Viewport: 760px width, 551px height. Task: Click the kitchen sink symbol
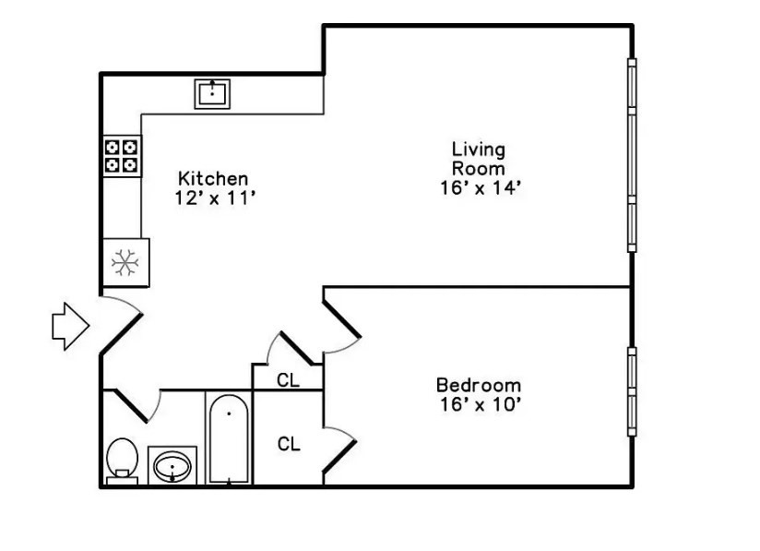pyautogui.click(x=214, y=93)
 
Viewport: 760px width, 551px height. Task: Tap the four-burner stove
pyautogui.click(x=122, y=155)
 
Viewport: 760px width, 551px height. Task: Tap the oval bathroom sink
pyautogui.click(x=172, y=466)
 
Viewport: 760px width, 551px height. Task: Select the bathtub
pyautogui.click(x=227, y=440)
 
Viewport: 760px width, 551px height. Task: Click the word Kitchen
pyautogui.click(x=213, y=178)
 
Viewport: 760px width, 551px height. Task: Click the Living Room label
pyautogui.click(x=478, y=159)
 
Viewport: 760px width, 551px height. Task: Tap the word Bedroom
pyautogui.click(x=478, y=385)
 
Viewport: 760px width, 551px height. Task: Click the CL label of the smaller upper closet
pyautogui.click(x=288, y=379)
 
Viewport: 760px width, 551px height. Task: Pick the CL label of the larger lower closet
pyautogui.click(x=289, y=444)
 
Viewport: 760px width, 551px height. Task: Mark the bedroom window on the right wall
pyautogui.click(x=632, y=391)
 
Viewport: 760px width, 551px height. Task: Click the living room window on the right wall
pyautogui.click(x=632, y=154)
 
